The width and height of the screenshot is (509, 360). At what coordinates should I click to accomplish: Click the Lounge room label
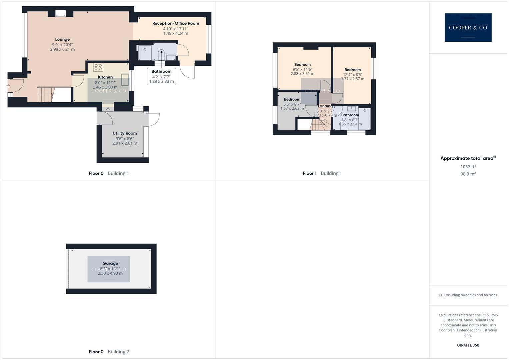point(62,39)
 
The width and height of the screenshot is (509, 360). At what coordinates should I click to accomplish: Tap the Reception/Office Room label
point(176,23)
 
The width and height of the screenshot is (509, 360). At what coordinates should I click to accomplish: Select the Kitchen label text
point(105,77)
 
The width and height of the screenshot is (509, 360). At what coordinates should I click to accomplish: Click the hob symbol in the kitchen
point(98,67)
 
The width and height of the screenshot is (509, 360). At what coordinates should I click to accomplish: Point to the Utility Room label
point(125,133)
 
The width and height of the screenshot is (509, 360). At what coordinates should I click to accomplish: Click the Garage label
point(110,263)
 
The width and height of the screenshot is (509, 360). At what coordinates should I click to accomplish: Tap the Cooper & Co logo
point(468,28)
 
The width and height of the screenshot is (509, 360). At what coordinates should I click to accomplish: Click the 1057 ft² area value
point(468,167)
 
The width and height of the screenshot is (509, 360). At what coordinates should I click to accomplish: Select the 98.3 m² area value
point(468,174)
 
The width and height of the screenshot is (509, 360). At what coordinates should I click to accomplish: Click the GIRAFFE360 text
point(468,345)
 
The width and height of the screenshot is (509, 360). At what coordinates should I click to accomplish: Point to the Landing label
point(325,106)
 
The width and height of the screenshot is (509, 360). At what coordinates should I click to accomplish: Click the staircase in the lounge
point(45,94)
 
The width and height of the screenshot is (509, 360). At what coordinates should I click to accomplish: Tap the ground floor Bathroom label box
point(161,76)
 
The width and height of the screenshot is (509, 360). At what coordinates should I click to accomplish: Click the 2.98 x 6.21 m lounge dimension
point(62,49)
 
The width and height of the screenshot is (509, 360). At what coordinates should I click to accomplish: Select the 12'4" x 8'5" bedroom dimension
point(353,75)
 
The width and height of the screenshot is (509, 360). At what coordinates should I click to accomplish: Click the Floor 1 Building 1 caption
point(322,173)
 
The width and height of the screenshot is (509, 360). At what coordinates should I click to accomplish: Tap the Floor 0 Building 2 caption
point(109,352)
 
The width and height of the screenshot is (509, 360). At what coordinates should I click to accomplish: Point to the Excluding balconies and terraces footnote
point(468,295)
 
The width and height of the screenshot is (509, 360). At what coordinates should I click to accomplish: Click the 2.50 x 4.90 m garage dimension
point(110,273)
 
